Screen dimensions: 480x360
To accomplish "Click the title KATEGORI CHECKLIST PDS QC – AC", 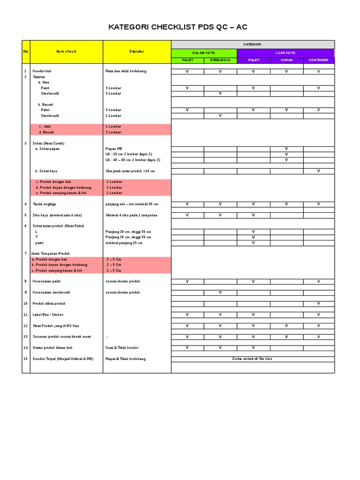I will tap(178, 27).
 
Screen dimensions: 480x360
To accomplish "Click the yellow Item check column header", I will tap(66, 52).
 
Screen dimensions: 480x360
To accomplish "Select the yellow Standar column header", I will tap(137, 52).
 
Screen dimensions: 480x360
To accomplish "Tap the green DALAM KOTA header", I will tap(204, 53).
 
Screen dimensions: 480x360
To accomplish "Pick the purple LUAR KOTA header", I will tap(286, 53).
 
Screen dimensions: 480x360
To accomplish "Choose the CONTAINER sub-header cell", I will tap(318, 60).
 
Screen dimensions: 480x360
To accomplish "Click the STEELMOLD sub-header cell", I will tap(220, 60).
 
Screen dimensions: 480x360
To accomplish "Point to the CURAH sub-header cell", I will tap(286, 60).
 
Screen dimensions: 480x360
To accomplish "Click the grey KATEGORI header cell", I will tap(253, 45).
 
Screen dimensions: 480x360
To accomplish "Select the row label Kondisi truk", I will tap(42, 71).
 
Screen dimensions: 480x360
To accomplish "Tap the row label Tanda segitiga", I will tap(45, 204).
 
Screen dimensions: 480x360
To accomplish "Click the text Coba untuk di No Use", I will tap(252, 359).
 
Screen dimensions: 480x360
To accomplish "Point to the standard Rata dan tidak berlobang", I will tap(126, 71).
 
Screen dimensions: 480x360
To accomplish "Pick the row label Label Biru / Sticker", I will tap(48, 315).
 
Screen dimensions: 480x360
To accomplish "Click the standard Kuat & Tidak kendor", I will tap(122, 348).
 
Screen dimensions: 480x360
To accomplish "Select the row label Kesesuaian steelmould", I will tap(51, 292).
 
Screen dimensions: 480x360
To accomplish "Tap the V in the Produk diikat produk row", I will tap(318, 303).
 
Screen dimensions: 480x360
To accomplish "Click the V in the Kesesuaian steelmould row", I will tap(220, 292).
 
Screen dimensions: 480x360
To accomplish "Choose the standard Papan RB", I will tap(114, 149).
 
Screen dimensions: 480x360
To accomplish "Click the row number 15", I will tap(25, 359).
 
